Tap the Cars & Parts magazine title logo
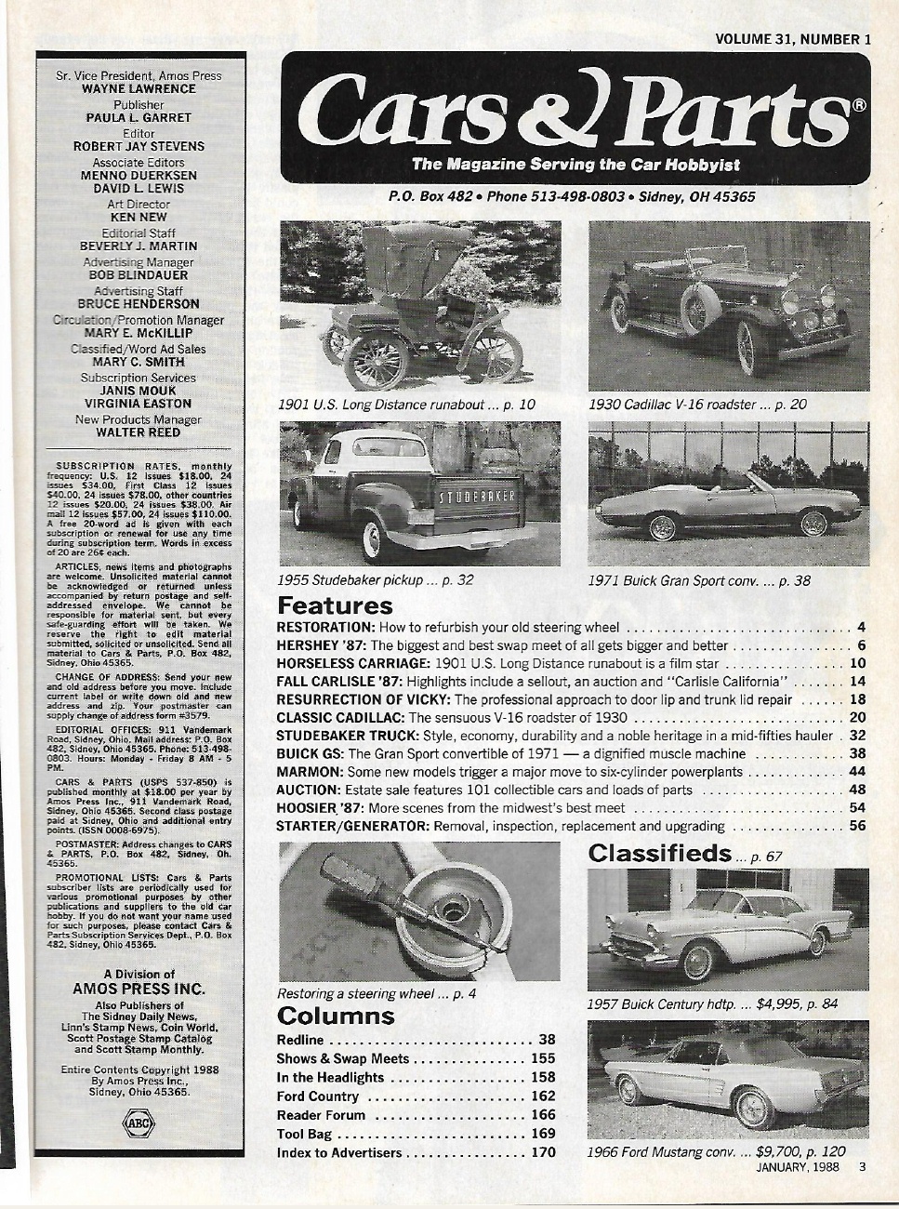point(576,110)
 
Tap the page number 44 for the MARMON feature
point(856,772)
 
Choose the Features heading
point(335,606)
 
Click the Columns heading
point(336,1016)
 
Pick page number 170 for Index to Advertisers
point(542,1152)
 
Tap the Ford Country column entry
point(318,1096)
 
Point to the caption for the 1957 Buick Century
point(712,1004)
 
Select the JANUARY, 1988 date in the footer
point(792,1167)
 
